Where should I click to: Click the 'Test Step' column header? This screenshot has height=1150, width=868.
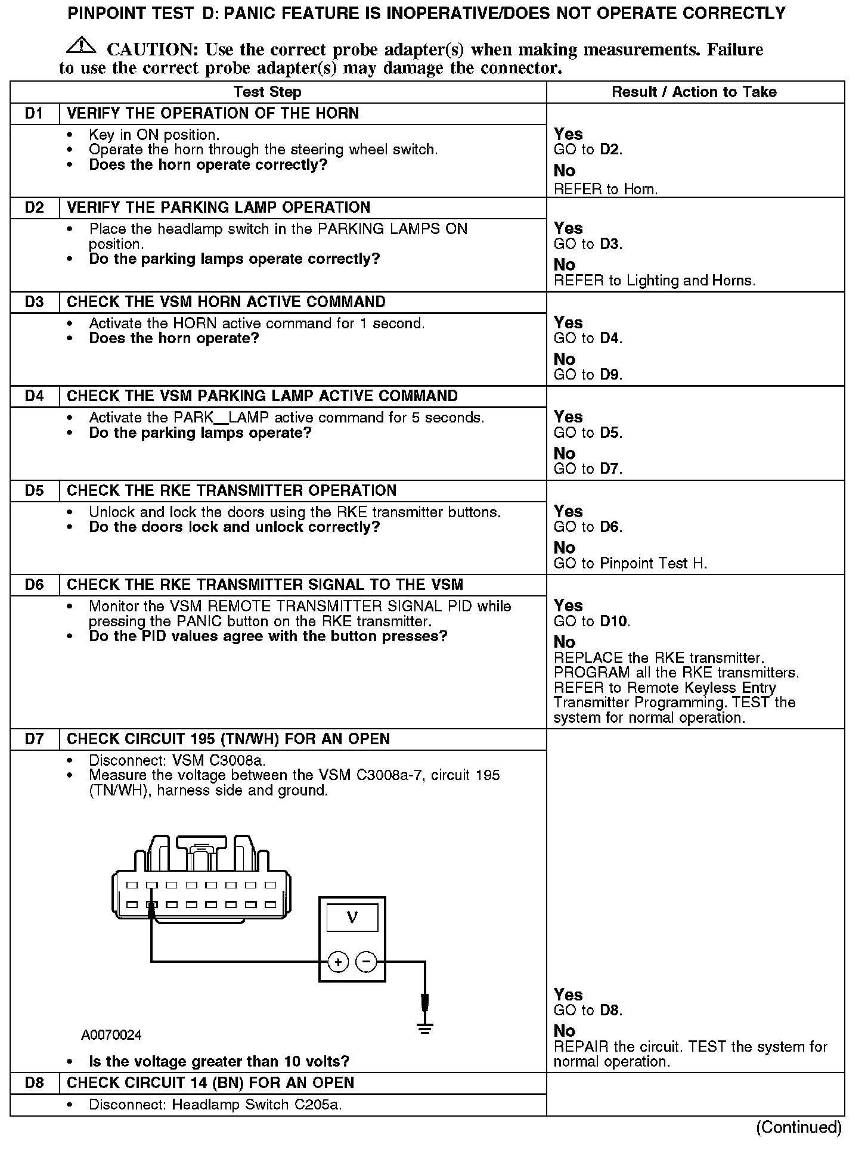267,92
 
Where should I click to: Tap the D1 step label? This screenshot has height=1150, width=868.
35,113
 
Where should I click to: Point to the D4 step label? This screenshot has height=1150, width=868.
35,396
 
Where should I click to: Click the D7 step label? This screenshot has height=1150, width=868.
35,739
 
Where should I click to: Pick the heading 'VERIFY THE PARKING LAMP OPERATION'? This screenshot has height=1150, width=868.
218,207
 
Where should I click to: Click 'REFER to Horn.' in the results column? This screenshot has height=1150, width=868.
606,189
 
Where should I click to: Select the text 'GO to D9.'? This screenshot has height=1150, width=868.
588,375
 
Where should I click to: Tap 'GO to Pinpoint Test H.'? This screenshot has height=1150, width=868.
630,563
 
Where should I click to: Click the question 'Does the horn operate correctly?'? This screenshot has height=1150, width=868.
208,164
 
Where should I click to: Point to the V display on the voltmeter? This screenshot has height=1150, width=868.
352,918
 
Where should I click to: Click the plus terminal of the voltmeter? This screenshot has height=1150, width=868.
338,961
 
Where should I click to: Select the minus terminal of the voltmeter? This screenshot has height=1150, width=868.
367,961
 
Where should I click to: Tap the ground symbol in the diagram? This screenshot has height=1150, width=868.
424,1028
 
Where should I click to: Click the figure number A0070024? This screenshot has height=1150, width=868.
111,1035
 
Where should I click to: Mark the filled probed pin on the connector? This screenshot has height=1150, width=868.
152,905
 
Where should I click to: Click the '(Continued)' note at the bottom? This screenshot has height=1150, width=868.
799,1127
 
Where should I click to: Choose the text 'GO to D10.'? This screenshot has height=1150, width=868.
592,621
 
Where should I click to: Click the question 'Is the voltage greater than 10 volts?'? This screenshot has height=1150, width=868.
219,1061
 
